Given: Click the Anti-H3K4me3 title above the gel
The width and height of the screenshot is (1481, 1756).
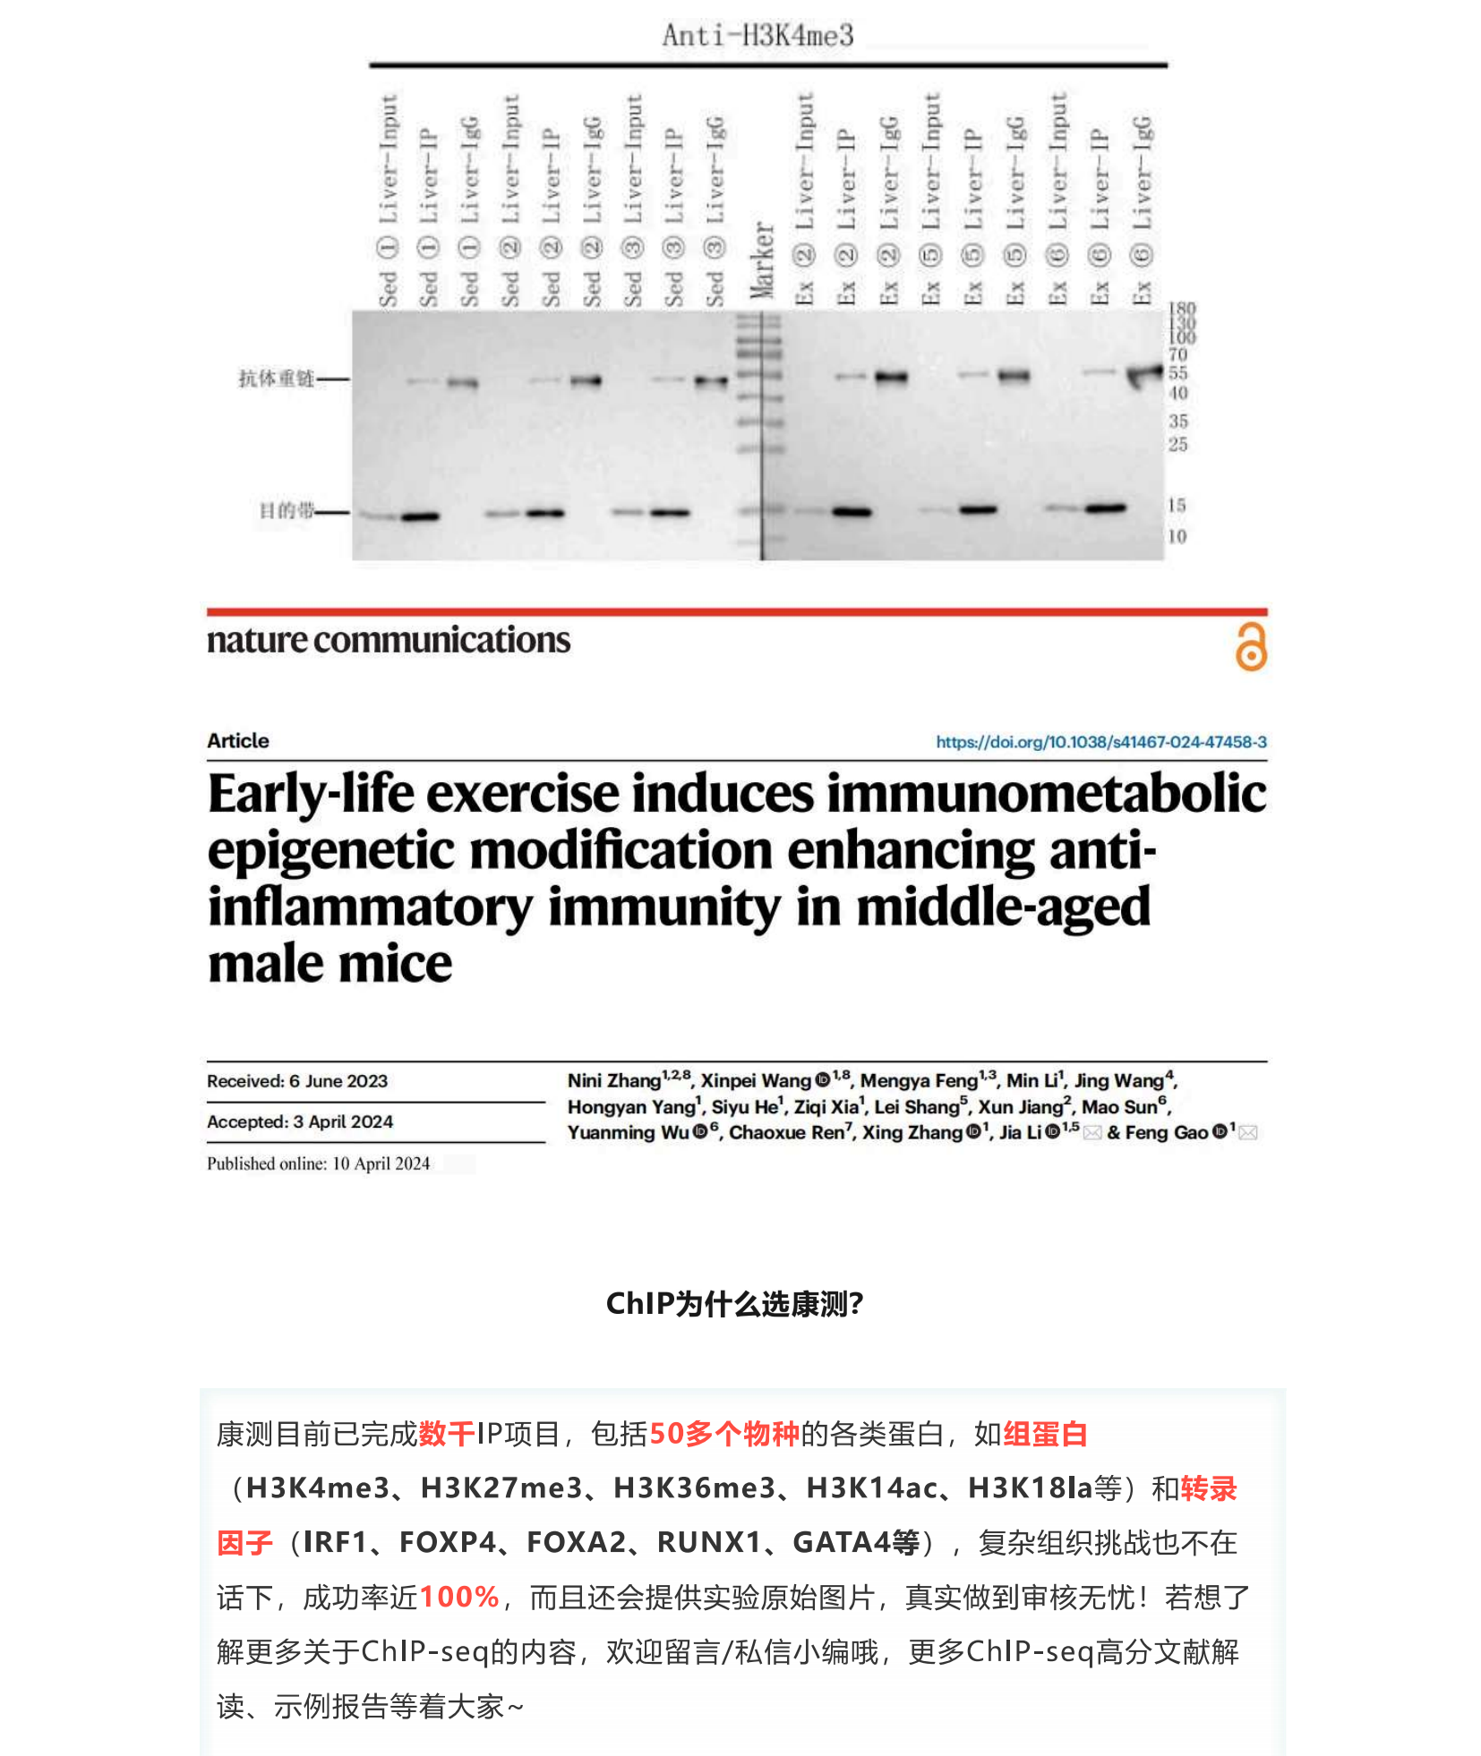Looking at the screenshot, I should [758, 35].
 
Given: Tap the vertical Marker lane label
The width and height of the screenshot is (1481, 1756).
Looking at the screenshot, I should [762, 260].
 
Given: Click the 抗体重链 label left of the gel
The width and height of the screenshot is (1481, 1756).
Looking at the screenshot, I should [276, 379].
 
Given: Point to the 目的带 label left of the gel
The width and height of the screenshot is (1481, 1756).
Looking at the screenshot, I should [287, 511].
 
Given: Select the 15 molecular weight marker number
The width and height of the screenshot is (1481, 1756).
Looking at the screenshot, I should [1177, 506].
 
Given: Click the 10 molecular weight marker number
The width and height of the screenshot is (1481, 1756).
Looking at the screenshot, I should [1177, 536].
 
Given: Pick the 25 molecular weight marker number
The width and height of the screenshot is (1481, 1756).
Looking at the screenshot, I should [1177, 444].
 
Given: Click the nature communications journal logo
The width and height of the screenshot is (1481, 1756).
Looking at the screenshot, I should [388, 640].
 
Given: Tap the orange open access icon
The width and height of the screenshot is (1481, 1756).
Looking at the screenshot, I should [1251, 647].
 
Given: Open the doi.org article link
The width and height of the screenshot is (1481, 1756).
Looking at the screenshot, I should [1100, 742].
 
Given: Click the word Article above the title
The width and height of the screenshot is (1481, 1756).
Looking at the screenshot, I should [237, 741].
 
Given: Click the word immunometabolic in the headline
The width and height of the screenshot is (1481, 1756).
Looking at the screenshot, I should [1045, 794].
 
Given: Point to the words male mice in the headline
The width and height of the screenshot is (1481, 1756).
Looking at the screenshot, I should [330, 964].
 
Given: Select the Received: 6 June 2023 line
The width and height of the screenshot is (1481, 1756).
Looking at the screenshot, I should [297, 1081].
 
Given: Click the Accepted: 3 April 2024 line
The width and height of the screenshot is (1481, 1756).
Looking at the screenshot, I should [300, 1122].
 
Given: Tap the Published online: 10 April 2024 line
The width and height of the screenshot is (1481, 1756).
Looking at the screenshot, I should [318, 1164].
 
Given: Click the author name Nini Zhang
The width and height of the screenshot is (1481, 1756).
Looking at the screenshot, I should [614, 1081].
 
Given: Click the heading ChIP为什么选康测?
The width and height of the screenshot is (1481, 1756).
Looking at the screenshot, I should [734, 1304].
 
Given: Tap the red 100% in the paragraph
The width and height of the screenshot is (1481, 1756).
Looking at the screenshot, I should [458, 1597].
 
